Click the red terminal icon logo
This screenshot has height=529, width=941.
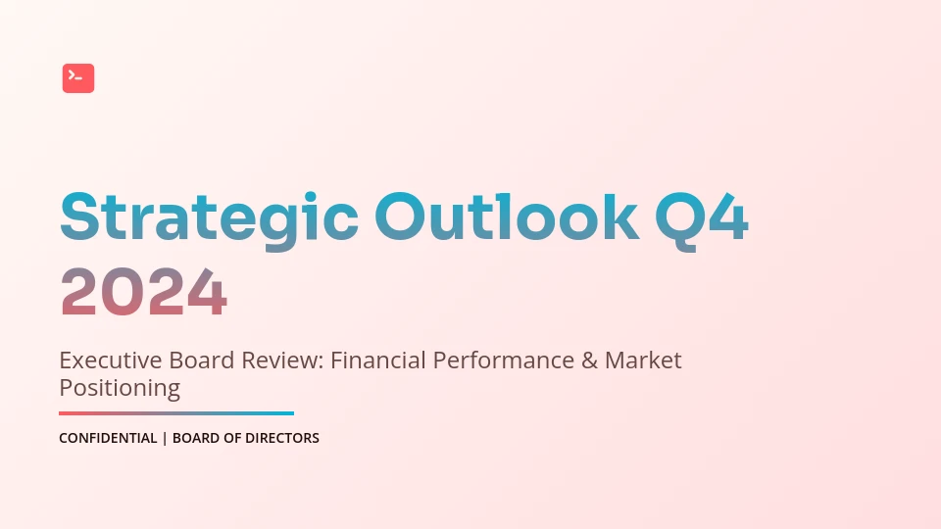coord(78,78)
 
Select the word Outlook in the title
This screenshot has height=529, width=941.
coord(507,216)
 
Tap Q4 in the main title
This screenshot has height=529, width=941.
coord(702,220)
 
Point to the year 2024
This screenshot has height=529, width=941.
coord(144,292)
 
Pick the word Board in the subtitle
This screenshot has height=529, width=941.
coord(202,361)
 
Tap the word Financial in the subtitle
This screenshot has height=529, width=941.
coord(378,361)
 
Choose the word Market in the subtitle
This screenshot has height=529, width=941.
coord(643,361)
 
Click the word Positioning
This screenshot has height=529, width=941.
coord(120,389)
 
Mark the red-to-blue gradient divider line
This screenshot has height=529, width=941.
coord(176,413)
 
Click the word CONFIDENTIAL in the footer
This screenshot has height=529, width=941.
coord(108,439)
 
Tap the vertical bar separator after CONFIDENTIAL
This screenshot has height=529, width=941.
coord(165,439)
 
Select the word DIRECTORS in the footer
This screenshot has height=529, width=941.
coord(282,439)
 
